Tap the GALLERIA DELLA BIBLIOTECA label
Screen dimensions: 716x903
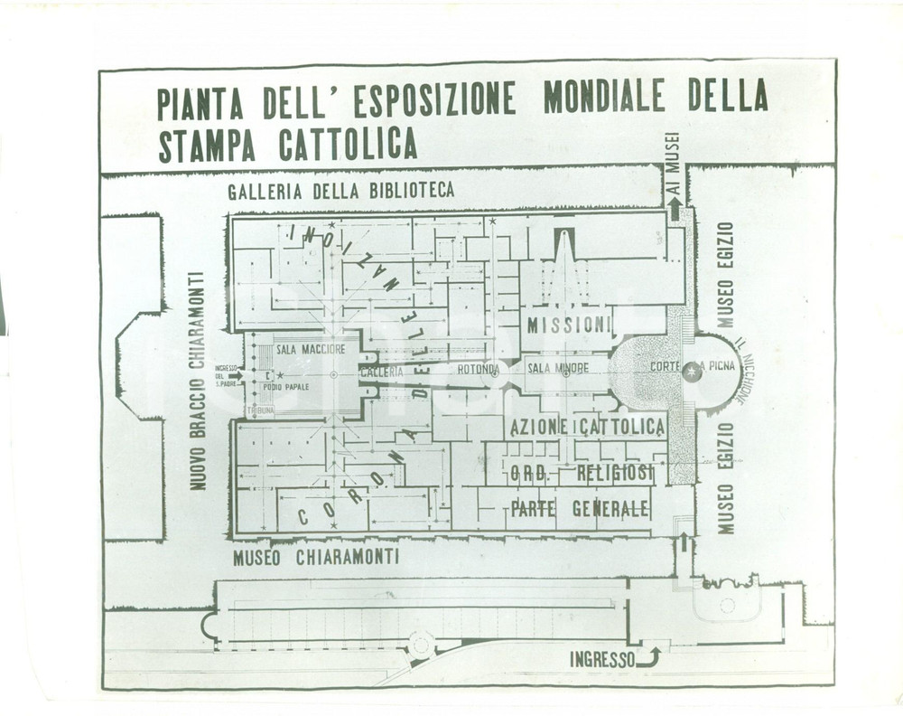click(340, 191)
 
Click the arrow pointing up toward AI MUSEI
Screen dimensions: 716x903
click(675, 208)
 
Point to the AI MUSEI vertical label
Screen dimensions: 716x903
click(672, 163)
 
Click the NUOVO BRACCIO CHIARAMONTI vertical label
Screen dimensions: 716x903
click(197, 381)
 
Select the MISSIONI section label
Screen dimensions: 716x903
click(569, 325)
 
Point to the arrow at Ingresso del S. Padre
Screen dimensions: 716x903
click(236, 375)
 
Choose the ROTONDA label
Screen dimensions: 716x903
click(478, 369)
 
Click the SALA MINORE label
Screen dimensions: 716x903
click(558, 368)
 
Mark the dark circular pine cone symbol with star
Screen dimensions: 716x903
click(693, 371)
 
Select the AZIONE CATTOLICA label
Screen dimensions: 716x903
click(587, 427)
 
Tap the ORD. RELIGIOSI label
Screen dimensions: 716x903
click(582, 474)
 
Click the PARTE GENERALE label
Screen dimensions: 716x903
click(580, 508)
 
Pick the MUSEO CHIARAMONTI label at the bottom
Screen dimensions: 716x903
click(315, 558)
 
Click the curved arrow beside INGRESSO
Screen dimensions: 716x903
click(649, 656)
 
